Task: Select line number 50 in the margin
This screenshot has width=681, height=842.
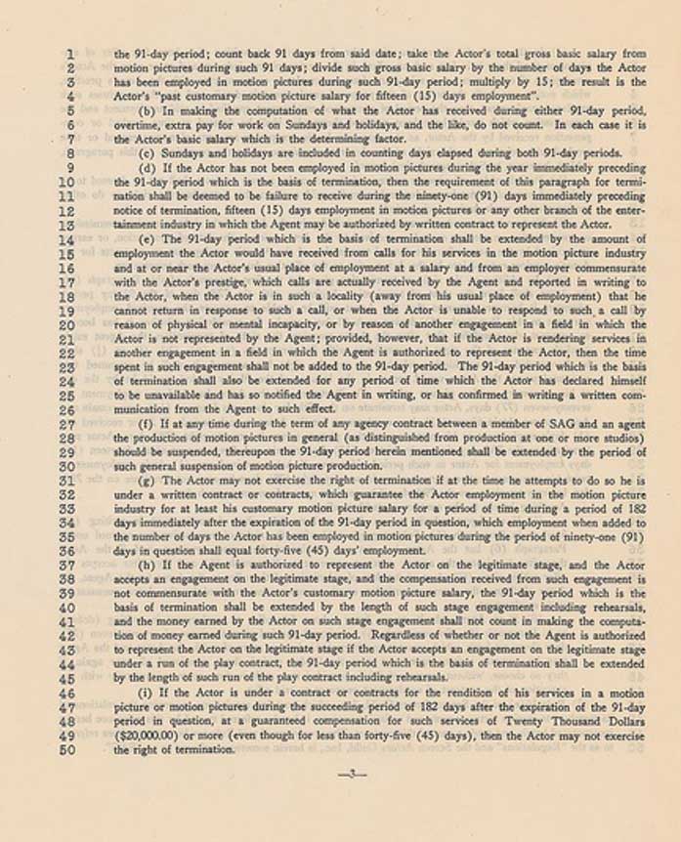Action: point(69,749)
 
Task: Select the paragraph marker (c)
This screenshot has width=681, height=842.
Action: point(149,153)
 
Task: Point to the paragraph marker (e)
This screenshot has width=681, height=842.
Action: point(149,237)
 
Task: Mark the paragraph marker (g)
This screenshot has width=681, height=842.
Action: point(149,482)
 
